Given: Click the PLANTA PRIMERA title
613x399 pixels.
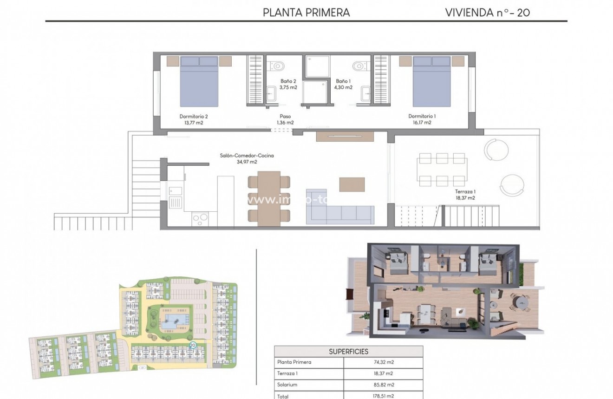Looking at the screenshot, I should pos(306,13).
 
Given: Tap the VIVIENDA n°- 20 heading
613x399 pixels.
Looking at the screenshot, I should pos(487,13).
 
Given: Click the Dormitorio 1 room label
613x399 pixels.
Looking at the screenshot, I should pos(422,119).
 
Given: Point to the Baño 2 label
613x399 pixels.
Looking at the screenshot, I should pos(288,84).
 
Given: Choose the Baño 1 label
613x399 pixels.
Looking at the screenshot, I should pos(344,84).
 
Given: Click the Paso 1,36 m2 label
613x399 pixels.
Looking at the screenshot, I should pos(285,119).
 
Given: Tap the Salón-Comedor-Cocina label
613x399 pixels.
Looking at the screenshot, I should pos(247,159).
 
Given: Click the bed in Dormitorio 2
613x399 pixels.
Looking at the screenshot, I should pos(199,81).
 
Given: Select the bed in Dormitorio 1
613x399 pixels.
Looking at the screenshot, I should pos(431,81).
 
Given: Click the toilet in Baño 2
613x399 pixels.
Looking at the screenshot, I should pos(277,66).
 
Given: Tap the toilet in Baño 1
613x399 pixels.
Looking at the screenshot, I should pos(359,66).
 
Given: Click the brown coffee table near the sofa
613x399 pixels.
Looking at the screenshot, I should pos(352,184).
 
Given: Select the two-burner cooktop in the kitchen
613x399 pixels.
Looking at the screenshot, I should pos(200,218).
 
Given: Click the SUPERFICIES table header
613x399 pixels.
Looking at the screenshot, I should pos(348,352).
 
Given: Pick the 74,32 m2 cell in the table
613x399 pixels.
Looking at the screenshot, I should pos(383,362).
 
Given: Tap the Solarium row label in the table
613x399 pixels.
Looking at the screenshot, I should pos(287,385).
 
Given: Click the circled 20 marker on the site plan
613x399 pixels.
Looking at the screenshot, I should pos(193,345).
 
